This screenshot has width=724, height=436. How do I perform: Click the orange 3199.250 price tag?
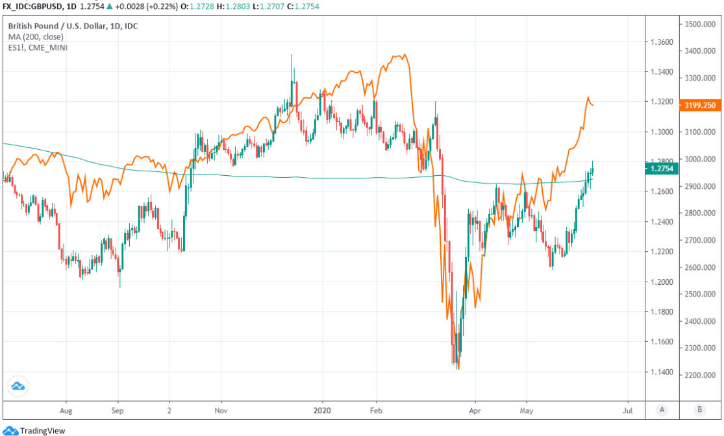coord(698,105)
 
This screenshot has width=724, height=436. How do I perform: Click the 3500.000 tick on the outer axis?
coord(698,24)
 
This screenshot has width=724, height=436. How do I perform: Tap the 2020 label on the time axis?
coord(322,411)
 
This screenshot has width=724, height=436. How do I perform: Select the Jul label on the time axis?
coord(628,411)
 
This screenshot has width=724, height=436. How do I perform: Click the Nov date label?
coord(221,411)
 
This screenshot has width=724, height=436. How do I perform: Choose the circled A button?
coord(661,409)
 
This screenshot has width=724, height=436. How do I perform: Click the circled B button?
coord(699,409)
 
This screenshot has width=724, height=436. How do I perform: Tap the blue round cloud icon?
coord(18,387)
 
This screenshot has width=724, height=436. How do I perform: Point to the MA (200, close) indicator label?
coord(36,37)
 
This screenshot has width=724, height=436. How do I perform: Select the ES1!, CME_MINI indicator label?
coord(38,47)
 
